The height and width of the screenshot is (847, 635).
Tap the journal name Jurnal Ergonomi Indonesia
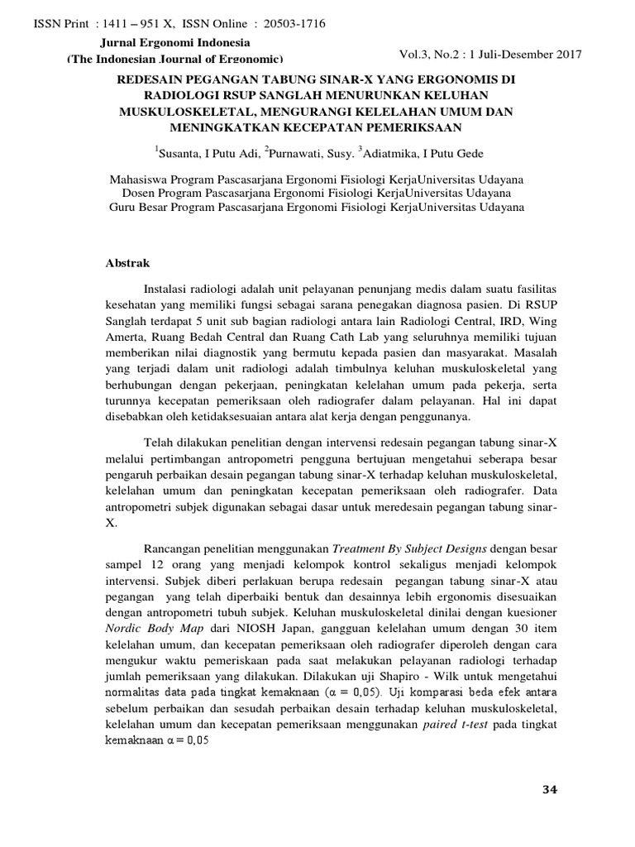[x=175, y=42]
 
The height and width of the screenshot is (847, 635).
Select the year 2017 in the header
[x=566, y=55]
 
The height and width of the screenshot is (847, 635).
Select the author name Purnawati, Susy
[x=317, y=153]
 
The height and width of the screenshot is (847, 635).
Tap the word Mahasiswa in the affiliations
[x=141, y=179]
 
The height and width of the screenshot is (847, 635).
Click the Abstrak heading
[x=127, y=264]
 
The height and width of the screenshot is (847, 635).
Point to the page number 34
[x=550, y=791]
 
